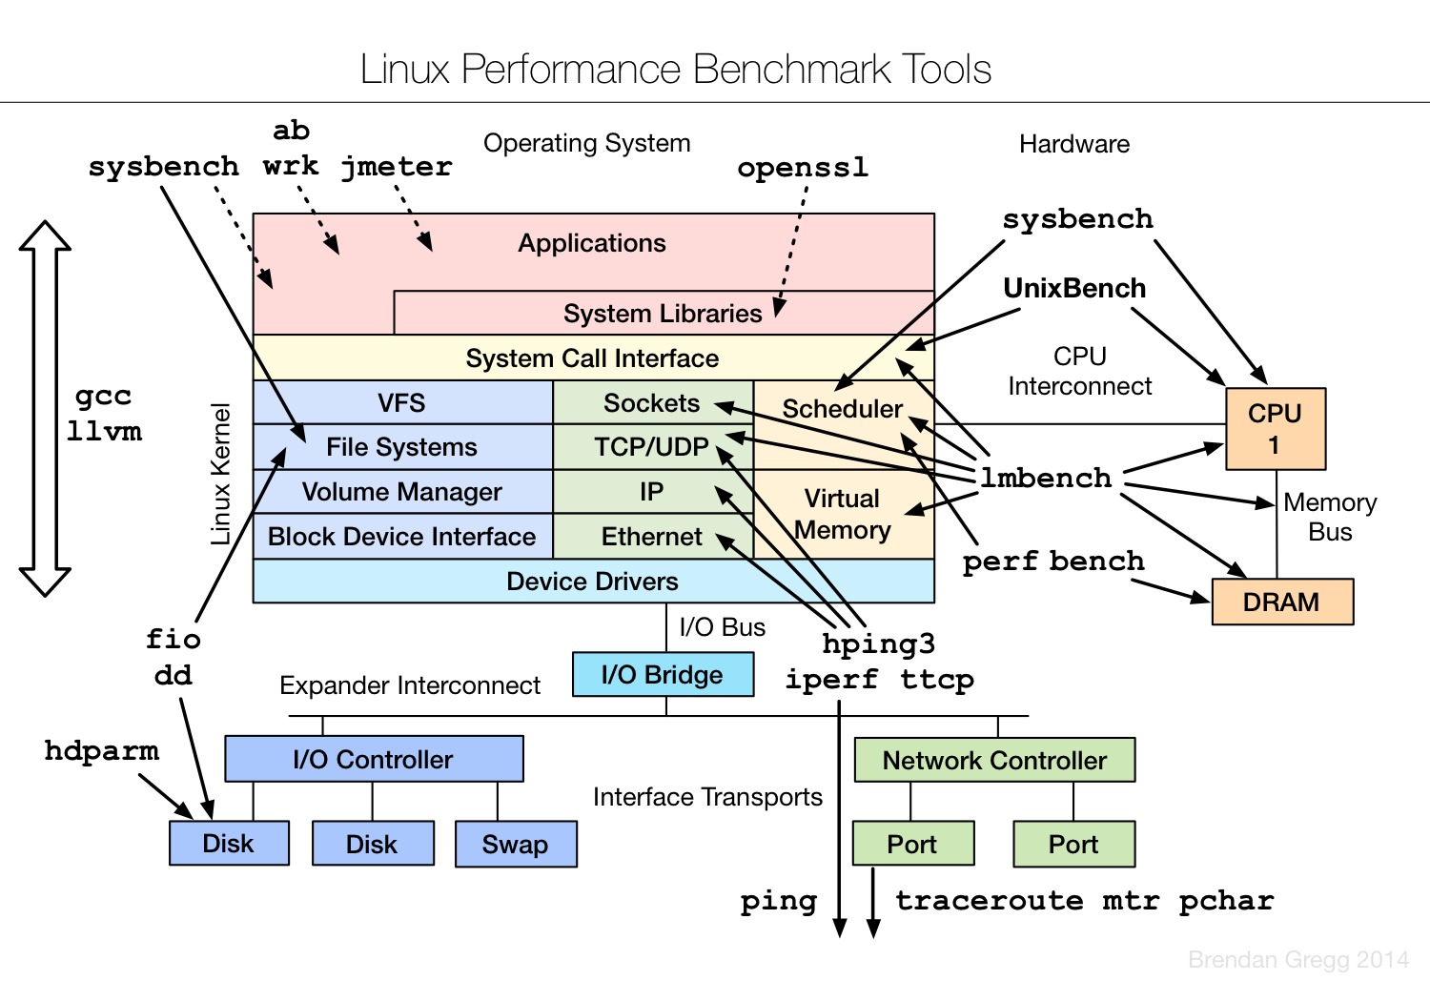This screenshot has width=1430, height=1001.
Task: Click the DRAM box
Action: pyautogui.click(x=1281, y=603)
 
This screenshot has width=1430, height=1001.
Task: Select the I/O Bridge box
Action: pyautogui.click(x=663, y=675)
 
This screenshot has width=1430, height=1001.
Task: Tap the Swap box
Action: pyautogui.click(x=515, y=845)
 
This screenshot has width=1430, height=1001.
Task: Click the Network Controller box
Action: pyautogui.click(x=994, y=760)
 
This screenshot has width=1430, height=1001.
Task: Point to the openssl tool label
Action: pyautogui.click(x=803, y=168)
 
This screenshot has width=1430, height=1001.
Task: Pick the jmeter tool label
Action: pyautogui.click(x=397, y=167)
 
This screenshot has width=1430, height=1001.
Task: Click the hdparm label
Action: pyautogui.click(x=101, y=751)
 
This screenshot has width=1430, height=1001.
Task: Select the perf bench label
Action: pyautogui.click(x=1052, y=562)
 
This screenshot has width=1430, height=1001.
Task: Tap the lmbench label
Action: pyautogui.click(x=1046, y=478)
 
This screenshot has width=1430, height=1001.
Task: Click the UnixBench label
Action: pyautogui.click(x=1074, y=288)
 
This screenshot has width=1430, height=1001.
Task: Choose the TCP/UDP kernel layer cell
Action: pyautogui.click(x=652, y=447)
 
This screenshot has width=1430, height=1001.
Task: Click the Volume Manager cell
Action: pyautogui.click(x=401, y=492)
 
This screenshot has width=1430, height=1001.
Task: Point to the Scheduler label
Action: pyautogui.click(x=842, y=409)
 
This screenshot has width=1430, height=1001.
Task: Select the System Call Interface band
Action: pyautogui.click(x=592, y=358)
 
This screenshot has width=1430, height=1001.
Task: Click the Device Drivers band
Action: pyautogui.click(x=592, y=582)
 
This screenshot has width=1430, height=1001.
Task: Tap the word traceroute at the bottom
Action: pyautogui.click(x=989, y=901)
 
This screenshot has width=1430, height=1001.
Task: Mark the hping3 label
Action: pyautogui.click(x=878, y=644)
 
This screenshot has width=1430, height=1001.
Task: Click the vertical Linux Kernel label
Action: pyautogui.click(x=221, y=474)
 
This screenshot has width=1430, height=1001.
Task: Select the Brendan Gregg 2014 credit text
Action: pyautogui.click(x=1297, y=960)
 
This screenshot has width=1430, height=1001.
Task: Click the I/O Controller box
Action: pyautogui.click(x=373, y=760)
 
